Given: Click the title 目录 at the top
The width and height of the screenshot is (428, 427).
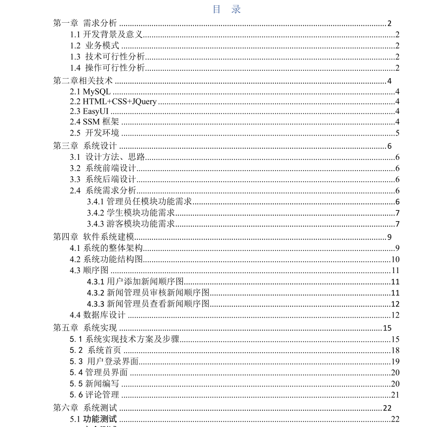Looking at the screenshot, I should (x=227, y=9).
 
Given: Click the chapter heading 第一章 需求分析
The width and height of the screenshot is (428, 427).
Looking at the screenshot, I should (x=85, y=23).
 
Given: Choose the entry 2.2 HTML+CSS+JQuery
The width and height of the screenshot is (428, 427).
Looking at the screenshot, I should (x=113, y=102).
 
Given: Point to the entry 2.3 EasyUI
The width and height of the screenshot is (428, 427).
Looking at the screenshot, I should (x=89, y=112).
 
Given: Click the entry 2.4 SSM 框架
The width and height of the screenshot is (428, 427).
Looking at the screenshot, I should (x=94, y=122).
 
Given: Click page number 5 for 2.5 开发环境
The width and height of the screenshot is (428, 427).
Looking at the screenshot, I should (x=397, y=133).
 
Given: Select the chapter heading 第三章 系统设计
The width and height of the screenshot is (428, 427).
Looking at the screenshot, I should (x=85, y=145).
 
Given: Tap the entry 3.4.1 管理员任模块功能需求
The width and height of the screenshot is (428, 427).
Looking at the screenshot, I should (x=139, y=201).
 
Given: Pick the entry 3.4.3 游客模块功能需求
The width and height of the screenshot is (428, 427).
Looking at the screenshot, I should (x=131, y=224).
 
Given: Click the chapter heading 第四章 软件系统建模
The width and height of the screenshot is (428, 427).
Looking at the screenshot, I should (x=94, y=237).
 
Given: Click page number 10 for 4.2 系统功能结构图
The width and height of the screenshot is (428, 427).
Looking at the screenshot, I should (x=395, y=259).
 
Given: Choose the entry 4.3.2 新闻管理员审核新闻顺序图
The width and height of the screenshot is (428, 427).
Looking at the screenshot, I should (x=148, y=292).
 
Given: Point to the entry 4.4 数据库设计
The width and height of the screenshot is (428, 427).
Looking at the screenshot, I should (x=97, y=315).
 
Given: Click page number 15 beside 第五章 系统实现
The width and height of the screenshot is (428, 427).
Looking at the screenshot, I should (x=387, y=328).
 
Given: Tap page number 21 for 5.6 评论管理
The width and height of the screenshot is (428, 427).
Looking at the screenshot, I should (x=395, y=394).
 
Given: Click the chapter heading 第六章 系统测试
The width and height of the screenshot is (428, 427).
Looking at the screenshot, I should (x=85, y=408).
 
